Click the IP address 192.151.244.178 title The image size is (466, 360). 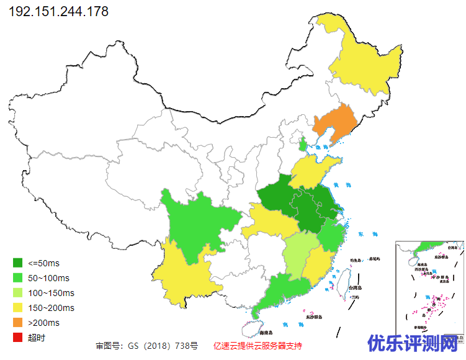click(59, 12)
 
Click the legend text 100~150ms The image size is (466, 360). click(51, 293)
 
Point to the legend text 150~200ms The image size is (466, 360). click(51, 308)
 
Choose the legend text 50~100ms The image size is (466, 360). click(49, 278)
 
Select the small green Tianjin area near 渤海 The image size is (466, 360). click(303, 146)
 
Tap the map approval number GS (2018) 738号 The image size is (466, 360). click(147, 345)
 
